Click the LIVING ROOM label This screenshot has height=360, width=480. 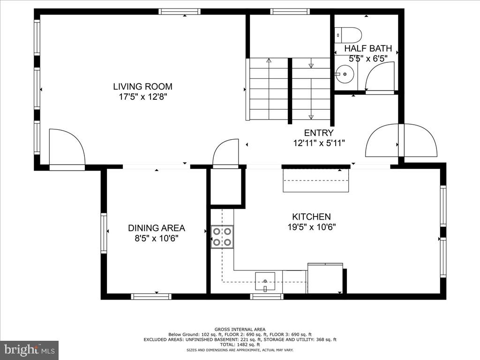142,86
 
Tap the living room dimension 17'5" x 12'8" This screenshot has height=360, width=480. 142,97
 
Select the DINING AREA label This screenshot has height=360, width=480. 157,228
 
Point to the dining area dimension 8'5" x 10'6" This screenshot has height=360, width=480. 157,238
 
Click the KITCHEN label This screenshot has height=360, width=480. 311,217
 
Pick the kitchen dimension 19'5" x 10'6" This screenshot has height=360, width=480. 311,227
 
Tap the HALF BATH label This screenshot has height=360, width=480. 368,49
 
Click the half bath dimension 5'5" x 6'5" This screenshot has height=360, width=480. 368,59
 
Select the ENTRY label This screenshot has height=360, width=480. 319,133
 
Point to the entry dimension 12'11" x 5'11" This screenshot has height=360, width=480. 319,143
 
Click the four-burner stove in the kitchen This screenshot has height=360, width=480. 222,237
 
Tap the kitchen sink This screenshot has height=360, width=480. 265,281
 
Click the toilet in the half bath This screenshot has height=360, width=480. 349,35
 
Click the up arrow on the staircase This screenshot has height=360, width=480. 269,61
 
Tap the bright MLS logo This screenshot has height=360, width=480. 29,350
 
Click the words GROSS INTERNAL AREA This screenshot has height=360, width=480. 240,329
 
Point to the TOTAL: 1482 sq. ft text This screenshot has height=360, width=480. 240,345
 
